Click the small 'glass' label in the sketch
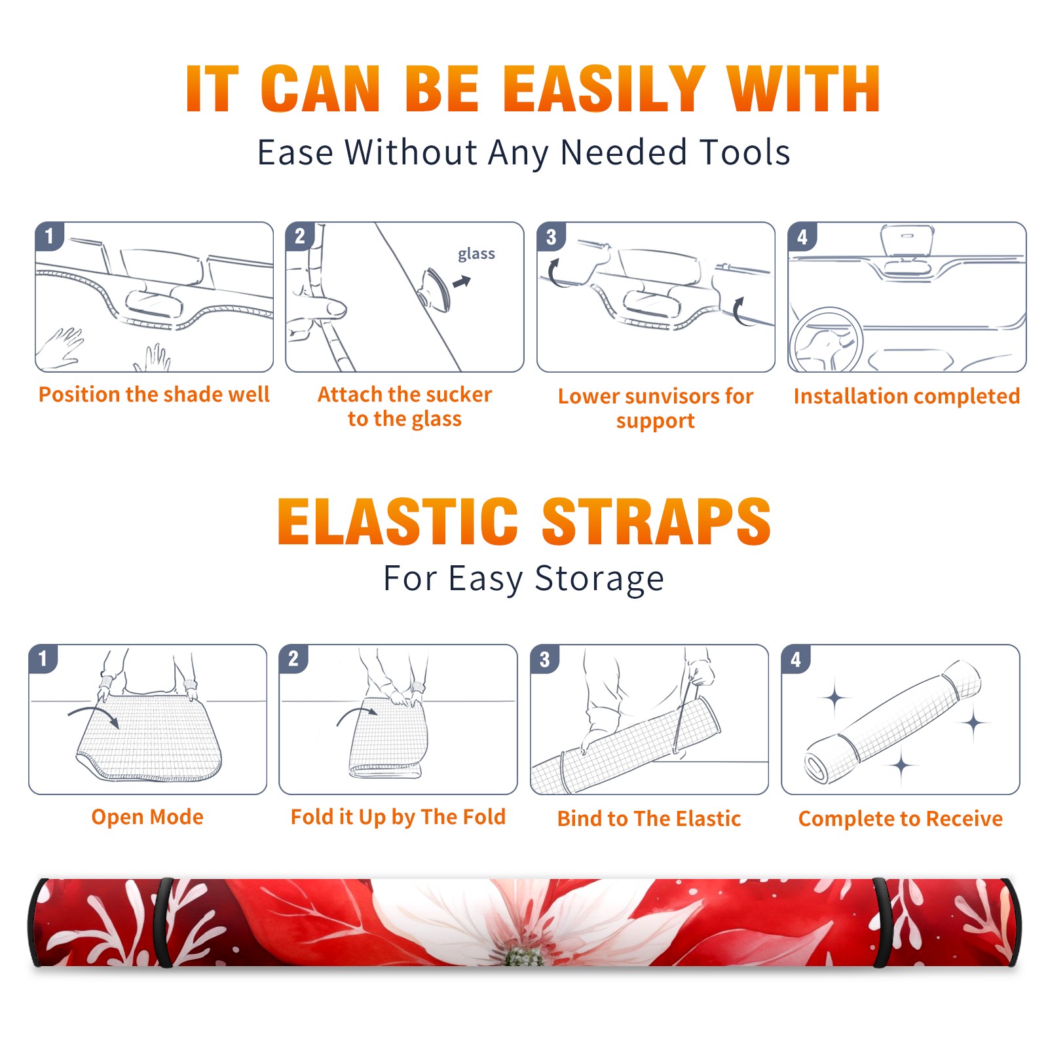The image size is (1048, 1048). [x=476, y=253]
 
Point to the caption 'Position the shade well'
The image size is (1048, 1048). [x=154, y=394]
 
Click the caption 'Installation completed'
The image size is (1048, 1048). [x=907, y=396]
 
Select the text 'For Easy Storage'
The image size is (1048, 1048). [x=523, y=579]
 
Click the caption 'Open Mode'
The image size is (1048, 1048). [x=147, y=817]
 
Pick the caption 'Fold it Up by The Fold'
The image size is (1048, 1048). [x=398, y=817]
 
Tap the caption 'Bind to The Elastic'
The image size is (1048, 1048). [x=649, y=819]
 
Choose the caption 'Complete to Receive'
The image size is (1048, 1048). [x=901, y=819]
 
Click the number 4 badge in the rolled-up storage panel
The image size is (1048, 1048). [x=796, y=659]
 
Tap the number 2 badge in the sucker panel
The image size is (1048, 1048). [x=300, y=236]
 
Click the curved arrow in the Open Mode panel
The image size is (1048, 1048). [x=94, y=713]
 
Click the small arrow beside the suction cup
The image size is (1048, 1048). [x=462, y=282]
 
